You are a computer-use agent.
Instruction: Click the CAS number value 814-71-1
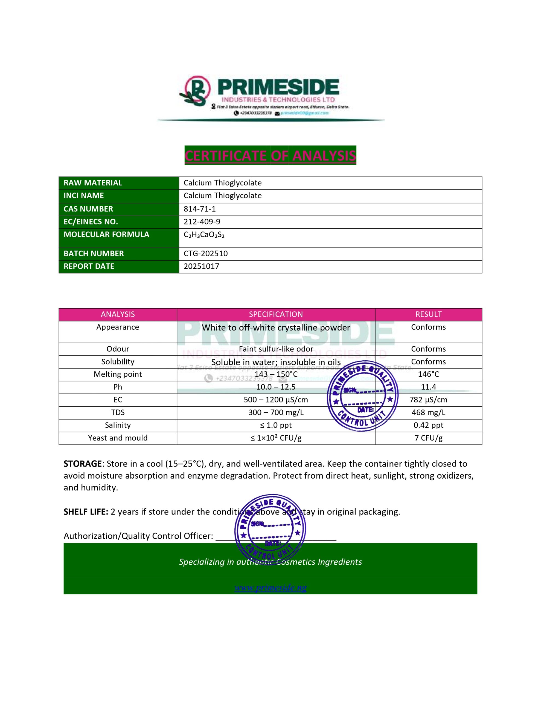199,209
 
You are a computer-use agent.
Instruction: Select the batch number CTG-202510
206,254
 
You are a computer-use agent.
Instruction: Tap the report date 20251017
201,266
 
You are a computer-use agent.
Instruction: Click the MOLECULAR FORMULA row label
106,235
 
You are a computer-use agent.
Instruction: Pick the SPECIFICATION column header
276,315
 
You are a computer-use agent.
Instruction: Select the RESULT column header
428,315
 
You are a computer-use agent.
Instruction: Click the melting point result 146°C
428,374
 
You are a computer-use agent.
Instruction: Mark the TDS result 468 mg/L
428,412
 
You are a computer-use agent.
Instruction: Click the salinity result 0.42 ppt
428,425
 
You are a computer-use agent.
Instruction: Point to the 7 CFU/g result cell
428,438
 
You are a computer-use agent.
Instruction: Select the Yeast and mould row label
118,438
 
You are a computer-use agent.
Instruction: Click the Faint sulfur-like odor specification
276,349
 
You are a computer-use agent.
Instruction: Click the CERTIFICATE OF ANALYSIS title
270,156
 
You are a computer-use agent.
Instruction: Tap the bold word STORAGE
82,464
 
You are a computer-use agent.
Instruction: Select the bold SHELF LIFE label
86,512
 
